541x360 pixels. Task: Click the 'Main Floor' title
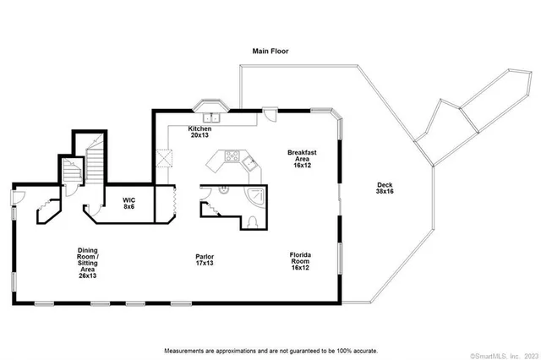click(x=270, y=51)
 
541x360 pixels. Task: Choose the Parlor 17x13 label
click(x=204, y=259)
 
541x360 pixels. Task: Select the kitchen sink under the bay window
click(x=209, y=117)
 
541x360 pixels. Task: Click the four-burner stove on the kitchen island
click(x=232, y=155)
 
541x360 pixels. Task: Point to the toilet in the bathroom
click(x=253, y=222)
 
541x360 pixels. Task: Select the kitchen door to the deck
click(x=270, y=117)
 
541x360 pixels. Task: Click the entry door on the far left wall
click(x=15, y=199)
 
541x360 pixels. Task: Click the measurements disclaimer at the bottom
click(x=270, y=350)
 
